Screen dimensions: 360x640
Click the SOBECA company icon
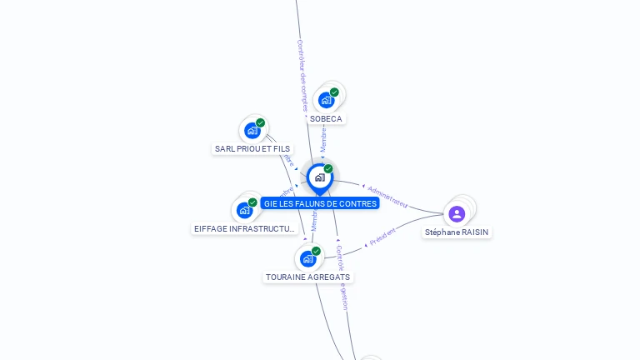point(326,100)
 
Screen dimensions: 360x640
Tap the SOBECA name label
point(326,119)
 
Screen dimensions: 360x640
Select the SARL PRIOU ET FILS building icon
point(252,131)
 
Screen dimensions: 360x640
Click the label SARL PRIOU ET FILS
point(252,149)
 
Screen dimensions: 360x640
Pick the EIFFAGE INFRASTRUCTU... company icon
point(244,210)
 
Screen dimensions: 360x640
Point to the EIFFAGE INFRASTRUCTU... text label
point(244,228)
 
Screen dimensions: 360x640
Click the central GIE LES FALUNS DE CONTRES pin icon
point(319,177)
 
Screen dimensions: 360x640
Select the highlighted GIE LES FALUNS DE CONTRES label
point(320,203)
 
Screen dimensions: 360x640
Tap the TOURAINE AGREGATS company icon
point(307,258)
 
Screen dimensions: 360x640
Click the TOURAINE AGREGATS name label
point(308,277)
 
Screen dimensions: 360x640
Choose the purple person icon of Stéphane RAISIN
point(457,214)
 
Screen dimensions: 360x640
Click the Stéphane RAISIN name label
point(457,232)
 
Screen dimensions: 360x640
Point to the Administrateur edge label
point(387,196)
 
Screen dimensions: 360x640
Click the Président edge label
point(382,236)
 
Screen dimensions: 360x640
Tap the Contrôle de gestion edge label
point(341,277)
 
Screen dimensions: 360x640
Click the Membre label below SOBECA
point(323,138)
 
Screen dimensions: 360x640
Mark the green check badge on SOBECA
point(334,92)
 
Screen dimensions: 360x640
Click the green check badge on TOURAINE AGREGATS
point(316,251)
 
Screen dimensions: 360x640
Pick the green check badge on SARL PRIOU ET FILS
point(260,123)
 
